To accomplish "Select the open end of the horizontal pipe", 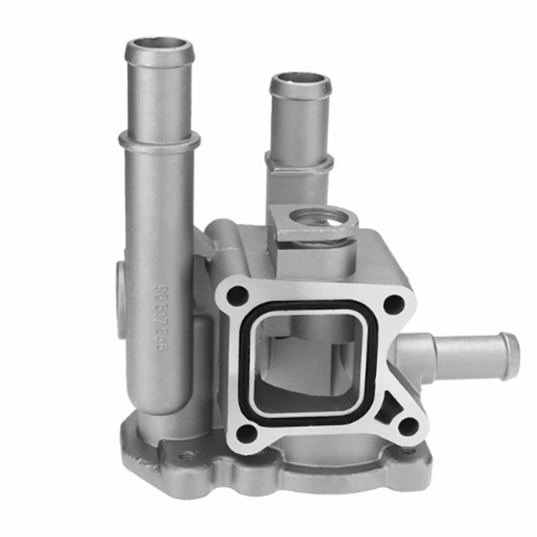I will coord(514,356).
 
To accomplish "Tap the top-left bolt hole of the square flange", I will coord(237,296).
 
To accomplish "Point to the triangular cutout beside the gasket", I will coord(388,412).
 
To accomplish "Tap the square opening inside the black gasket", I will coord(308,362).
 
